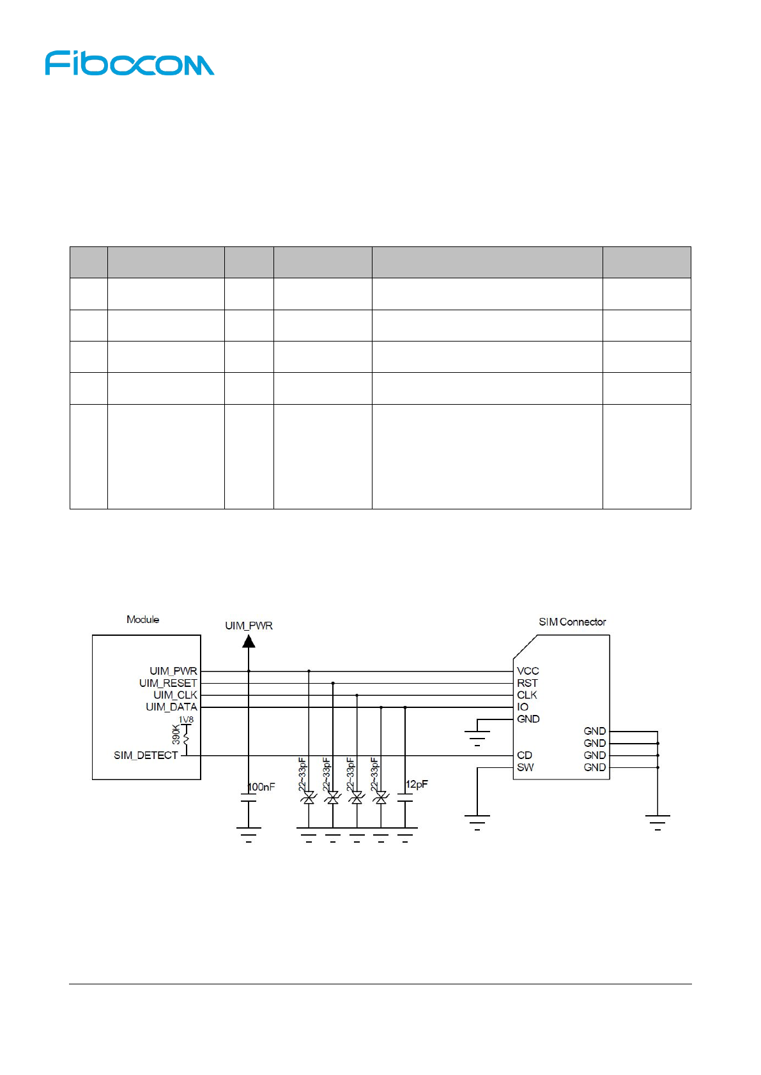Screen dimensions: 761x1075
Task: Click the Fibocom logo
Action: point(130,64)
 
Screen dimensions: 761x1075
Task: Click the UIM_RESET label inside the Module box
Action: point(168,683)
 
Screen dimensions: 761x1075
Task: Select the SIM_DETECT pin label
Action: point(146,755)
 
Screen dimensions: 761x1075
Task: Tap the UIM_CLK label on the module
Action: point(175,695)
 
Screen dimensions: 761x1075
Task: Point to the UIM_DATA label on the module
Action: point(171,707)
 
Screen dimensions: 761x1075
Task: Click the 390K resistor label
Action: point(176,734)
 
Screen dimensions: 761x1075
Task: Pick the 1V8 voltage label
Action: point(186,720)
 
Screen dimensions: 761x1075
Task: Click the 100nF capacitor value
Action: point(261,787)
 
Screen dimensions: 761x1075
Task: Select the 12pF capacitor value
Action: point(417,785)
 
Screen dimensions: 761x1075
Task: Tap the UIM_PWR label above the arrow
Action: point(249,626)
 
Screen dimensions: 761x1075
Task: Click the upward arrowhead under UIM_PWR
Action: point(249,641)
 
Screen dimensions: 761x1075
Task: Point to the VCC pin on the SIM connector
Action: point(528,671)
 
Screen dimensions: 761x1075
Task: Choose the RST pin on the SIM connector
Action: point(527,683)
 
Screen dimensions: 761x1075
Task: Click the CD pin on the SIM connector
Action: point(525,755)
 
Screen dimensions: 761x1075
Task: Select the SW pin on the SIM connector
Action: point(525,767)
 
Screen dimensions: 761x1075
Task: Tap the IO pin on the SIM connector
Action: point(523,707)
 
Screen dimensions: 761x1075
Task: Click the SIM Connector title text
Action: point(572,622)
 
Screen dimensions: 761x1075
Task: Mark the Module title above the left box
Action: point(142,619)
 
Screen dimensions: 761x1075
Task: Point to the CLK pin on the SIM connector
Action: point(527,695)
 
